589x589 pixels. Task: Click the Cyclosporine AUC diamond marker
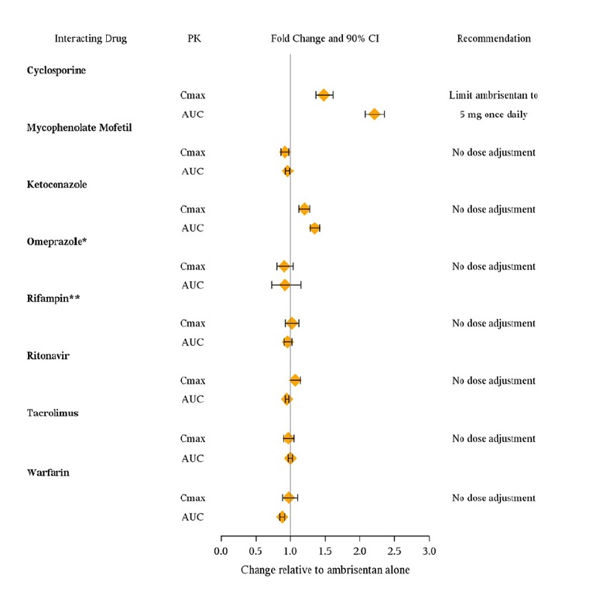[375, 114]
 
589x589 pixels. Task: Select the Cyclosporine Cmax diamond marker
[324, 95]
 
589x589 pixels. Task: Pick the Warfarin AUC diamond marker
[283, 516]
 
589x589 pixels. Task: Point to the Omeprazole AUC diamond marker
[285, 285]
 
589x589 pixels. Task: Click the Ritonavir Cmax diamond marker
[295, 380]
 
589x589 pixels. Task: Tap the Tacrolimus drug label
[51, 413]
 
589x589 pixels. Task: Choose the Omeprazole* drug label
[56, 241]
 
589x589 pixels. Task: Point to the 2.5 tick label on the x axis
[394, 551]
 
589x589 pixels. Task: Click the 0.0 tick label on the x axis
[221, 551]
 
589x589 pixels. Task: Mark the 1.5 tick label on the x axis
[324, 551]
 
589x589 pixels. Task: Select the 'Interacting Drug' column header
[91, 38]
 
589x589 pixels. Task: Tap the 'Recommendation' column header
[494, 38]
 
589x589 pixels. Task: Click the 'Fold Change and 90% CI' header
[325, 38]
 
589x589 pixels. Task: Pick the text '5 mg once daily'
[493, 115]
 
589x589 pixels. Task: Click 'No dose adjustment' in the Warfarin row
[494, 498]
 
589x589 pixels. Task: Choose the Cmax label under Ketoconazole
[192, 209]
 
